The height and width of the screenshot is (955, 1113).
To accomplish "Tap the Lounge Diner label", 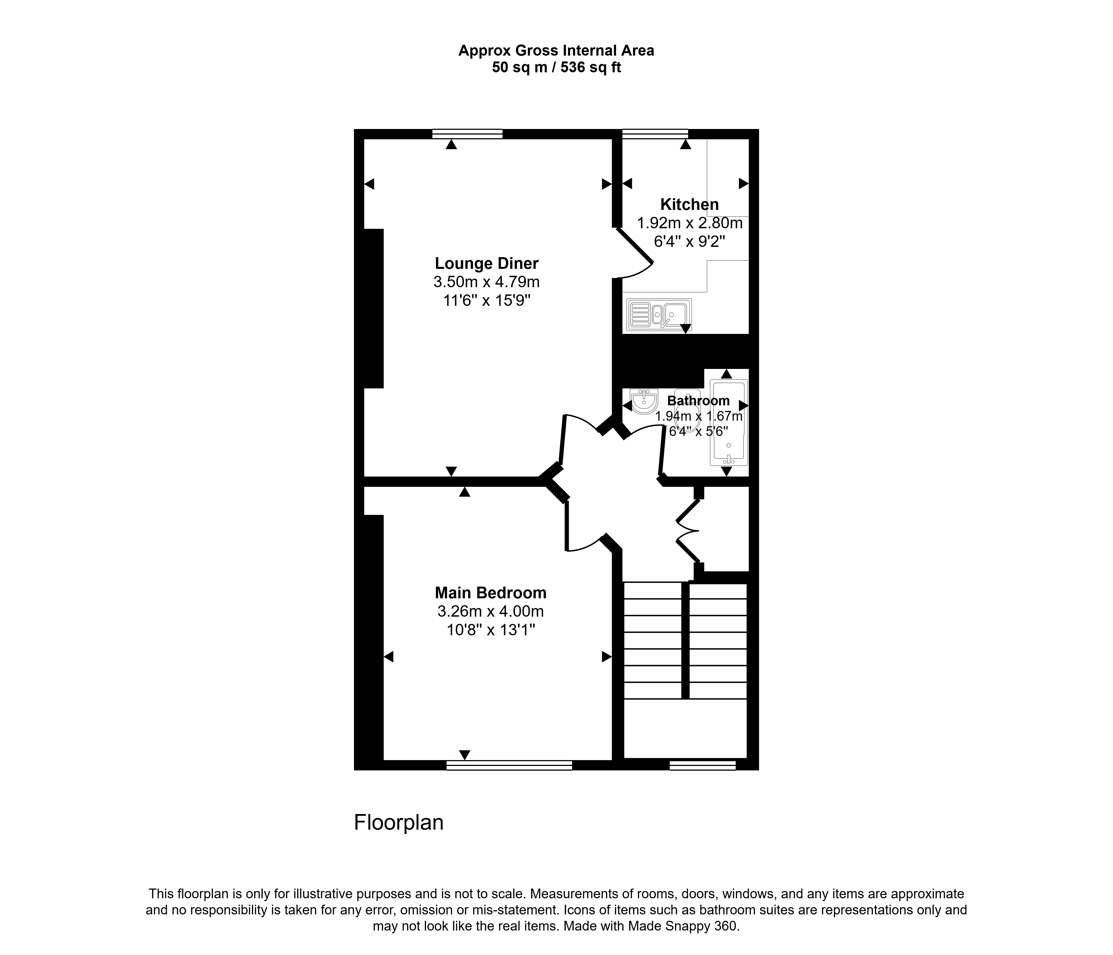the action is [x=487, y=264].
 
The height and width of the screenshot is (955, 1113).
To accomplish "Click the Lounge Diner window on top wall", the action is [x=467, y=134].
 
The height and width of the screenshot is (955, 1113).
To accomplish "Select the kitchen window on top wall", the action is [x=655, y=134].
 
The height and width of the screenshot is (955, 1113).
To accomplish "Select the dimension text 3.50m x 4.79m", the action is [x=487, y=282].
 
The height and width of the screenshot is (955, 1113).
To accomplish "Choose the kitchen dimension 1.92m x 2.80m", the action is [x=690, y=223].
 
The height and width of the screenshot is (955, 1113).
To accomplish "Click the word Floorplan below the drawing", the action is [x=398, y=822].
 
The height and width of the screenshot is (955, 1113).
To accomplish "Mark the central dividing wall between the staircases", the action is [x=685, y=641].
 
